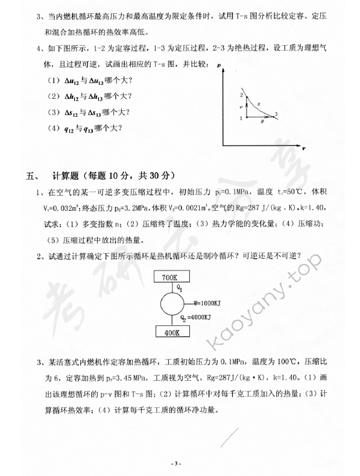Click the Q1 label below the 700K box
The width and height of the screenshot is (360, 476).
click(x=180, y=288)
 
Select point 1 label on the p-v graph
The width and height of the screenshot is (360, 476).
click(x=240, y=117)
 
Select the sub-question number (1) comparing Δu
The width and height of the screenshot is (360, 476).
click(x=53, y=81)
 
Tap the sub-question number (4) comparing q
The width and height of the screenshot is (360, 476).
click(x=53, y=128)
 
